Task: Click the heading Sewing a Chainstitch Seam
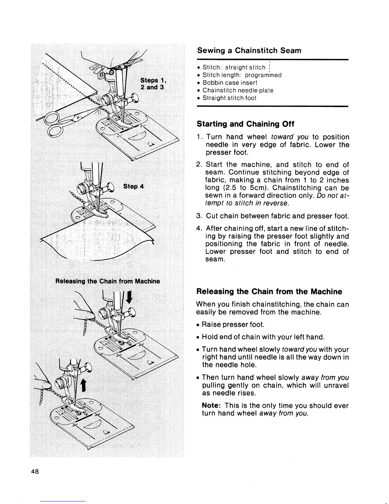(249, 51)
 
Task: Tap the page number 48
(35, 472)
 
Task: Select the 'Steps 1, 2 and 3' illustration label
(152, 83)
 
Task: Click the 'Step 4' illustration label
(133, 186)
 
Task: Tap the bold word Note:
(212, 406)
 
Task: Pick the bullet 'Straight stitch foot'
(229, 98)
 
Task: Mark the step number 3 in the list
(199, 217)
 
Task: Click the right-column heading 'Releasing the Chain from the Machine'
(269, 292)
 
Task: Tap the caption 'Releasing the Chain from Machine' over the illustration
(108, 281)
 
